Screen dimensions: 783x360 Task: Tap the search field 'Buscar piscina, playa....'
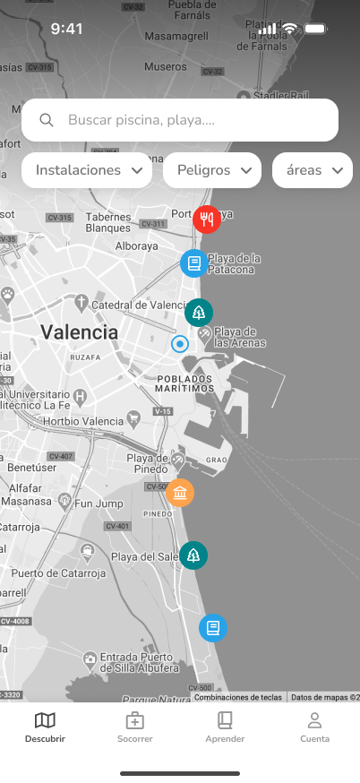click(179, 120)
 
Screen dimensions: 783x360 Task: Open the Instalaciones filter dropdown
click(87, 170)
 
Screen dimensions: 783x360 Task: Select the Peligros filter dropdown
click(211, 170)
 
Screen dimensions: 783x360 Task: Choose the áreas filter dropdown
click(313, 170)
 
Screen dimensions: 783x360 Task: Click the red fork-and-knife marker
click(207, 219)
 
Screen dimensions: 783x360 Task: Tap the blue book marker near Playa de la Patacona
click(193, 263)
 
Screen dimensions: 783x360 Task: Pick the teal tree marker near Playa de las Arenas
click(199, 313)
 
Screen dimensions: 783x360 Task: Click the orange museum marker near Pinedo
click(180, 493)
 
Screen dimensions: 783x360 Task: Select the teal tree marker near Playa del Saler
click(193, 555)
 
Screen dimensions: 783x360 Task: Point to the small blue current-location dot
click(180, 344)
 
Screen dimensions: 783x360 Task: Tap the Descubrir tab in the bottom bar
click(45, 727)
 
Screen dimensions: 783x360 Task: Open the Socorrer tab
click(134, 727)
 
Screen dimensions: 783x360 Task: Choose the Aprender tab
click(225, 727)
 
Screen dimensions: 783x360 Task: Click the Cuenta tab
click(314, 727)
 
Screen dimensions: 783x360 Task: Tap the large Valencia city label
click(79, 332)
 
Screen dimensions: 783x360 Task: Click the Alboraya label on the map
click(137, 245)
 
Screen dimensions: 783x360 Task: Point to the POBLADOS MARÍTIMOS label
click(184, 383)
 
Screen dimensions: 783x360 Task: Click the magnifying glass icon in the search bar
click(47, 120)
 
